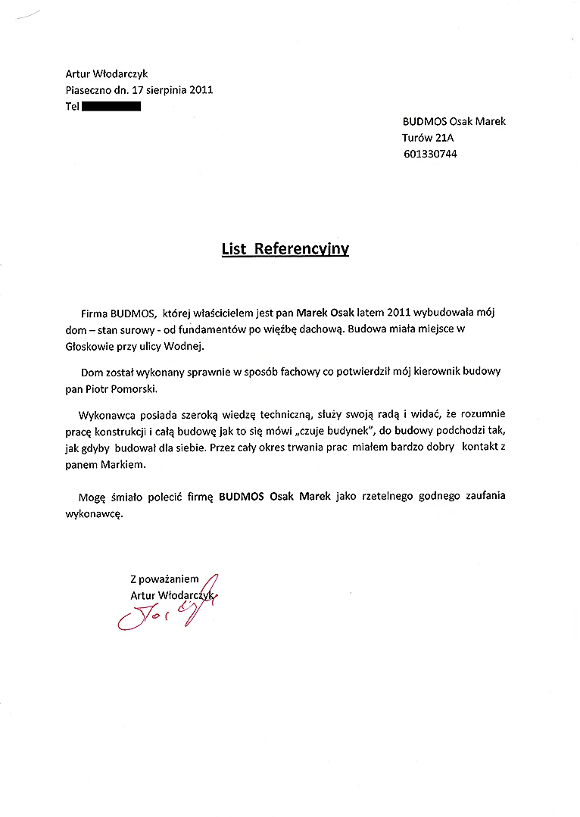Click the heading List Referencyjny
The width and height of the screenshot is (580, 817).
[285, 249]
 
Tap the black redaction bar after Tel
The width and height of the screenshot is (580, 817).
[111, 107]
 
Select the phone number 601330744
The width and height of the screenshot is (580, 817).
[430, 154]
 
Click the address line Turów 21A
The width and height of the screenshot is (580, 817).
[428, 138]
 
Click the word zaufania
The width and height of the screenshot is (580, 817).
[480, 497]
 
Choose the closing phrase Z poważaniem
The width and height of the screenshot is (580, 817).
[164, 579]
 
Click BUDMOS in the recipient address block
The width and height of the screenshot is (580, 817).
[424, 121]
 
